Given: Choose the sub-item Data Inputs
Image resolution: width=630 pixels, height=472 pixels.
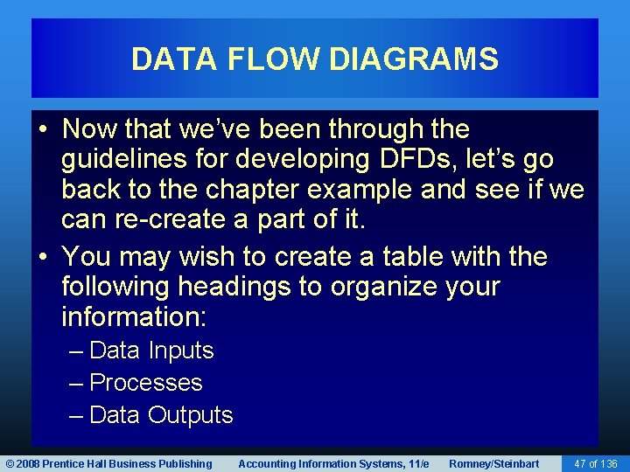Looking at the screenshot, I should [151, 351].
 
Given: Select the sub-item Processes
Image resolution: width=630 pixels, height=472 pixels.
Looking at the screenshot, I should [145, 383].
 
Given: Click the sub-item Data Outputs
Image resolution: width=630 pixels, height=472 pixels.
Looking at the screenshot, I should [161, 415].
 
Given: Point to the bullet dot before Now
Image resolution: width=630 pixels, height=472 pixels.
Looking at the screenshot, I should [44, 130].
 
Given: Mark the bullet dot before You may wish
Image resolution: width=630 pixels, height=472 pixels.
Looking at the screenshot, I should [44, 258].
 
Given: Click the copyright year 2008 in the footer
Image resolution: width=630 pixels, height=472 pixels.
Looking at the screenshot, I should [28, 463].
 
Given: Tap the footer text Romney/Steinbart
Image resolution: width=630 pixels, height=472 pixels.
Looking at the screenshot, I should [493, 463].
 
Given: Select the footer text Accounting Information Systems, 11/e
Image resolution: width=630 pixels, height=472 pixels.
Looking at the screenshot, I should [333, 463].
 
